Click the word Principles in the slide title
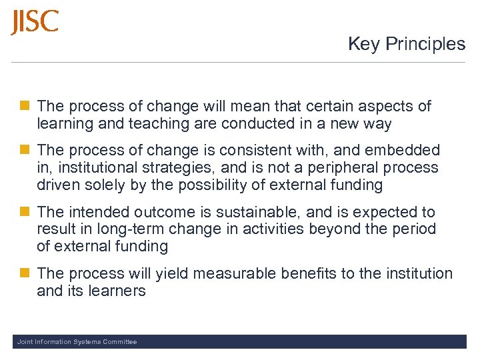click(x=427, y=44)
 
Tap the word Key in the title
click(x=364, y=44)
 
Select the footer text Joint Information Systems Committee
click(x=77, y=342)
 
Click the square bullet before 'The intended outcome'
click(x=25, y=213)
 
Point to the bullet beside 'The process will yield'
click(x=25, y=273)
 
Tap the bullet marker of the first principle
click(x=25, y=106)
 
